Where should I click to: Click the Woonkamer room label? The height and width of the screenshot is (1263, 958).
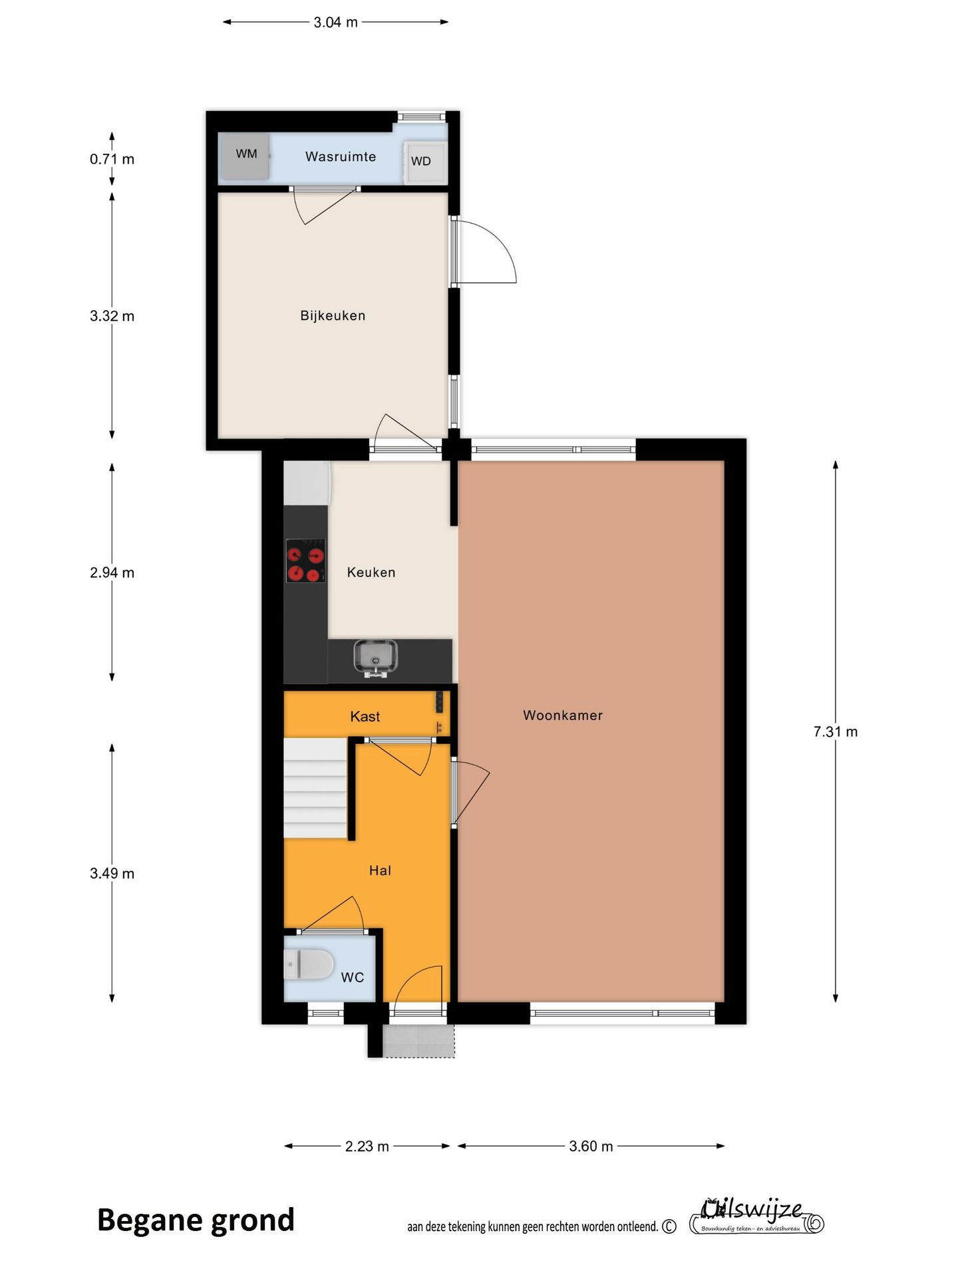click(x=562, y=715)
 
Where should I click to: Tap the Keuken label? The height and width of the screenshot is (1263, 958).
click(x=371, y=572)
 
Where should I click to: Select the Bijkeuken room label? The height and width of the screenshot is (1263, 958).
click(x=333, y=315)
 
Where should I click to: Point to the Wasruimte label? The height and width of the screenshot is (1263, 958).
click(x=341, y=156)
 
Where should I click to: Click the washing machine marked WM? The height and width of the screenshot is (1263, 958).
click(x=245, y=156)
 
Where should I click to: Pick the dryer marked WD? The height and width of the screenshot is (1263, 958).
click(x=422, y=162)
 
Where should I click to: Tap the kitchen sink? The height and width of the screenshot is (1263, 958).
click(x=376, y=657)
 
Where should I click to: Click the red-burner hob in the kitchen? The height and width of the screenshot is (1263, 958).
click(x=305, y=560)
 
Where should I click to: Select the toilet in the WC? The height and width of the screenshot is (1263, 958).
click(x=309, y=964)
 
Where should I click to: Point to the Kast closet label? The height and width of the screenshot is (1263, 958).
click(x=365, y=717)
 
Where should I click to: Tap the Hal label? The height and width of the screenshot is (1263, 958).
click(x=380, y=870)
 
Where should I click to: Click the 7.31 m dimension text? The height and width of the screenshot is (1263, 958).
click(x=835, y=732)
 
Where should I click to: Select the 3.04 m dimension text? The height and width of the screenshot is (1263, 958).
click(x=335, y=22)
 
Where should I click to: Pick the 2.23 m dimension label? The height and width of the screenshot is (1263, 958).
click(x=367, y=1146)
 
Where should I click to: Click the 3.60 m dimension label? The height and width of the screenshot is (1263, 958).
click(x=591, y=1146)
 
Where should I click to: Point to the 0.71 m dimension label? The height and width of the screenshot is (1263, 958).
click(x=112, y=159)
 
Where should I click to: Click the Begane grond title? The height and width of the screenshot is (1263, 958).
click(x=196, y=1220)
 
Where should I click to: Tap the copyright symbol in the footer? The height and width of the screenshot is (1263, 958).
click(x=669, y=1226)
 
